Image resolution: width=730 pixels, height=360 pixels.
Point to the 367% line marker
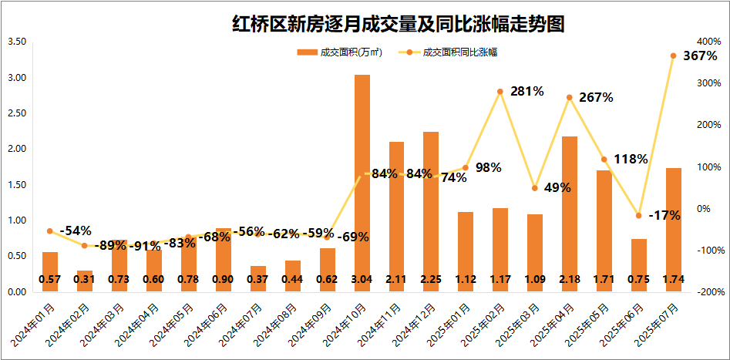[673, 56]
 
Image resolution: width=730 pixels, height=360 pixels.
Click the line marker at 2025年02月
[500, 92]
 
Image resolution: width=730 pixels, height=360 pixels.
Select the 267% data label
[596, 98]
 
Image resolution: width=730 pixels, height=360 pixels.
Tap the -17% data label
[664, 216]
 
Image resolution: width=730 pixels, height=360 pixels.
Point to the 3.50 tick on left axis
[16, 42]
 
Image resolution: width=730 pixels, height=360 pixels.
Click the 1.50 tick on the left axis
[16, 185]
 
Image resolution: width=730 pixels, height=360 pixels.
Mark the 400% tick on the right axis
[708, 42]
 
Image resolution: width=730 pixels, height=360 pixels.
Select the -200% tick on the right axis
[707, 292]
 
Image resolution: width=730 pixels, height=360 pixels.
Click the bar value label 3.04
[362, 279]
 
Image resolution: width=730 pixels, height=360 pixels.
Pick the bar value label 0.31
[85, 279]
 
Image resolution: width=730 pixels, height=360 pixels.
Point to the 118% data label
[631, 160]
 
